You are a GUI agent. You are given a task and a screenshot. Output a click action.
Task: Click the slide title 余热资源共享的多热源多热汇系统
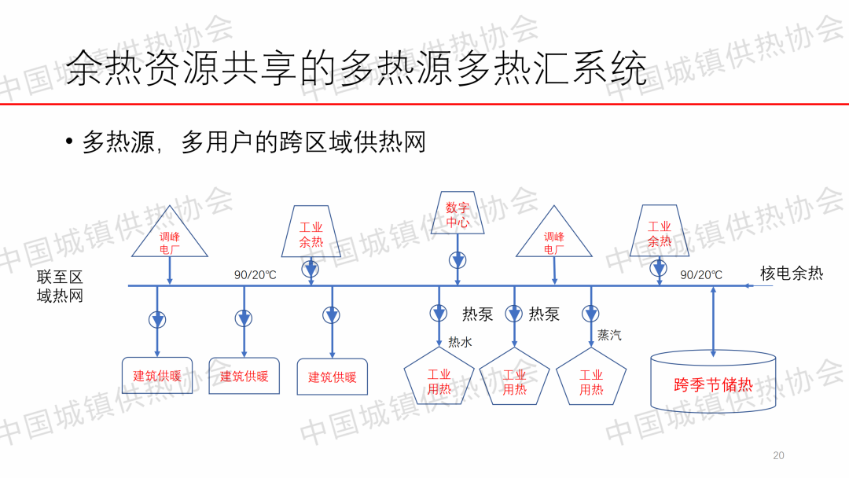tap(355, 68)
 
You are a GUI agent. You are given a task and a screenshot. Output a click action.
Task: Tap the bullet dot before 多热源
tap(69, 142)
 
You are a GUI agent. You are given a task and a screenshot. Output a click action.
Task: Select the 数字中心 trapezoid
tap(458, 212)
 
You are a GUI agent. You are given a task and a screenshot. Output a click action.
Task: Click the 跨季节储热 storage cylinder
tap(713, 383)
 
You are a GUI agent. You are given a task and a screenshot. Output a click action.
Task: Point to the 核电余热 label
tap(791, 274)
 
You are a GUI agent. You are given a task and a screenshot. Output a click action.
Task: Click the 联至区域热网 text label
tap(60, 287)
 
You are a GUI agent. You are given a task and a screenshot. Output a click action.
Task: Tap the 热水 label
tap(460, 342)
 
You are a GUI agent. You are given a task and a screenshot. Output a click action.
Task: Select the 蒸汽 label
tap(609, 335)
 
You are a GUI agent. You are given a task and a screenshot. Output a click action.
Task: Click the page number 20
tap(778, 455)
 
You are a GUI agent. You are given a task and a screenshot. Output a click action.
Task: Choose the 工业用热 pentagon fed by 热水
tap(439, 378)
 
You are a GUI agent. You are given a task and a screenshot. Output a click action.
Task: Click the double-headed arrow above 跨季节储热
tap(713, 322)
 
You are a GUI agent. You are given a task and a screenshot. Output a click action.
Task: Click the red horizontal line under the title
tap(424, 104)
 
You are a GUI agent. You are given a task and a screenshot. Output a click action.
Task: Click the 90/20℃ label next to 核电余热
tap(700, 275)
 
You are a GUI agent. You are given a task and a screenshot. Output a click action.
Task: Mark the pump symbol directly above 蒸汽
tap(590, 314)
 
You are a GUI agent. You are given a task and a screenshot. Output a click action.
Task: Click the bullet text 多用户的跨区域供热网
tap(303, 142)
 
